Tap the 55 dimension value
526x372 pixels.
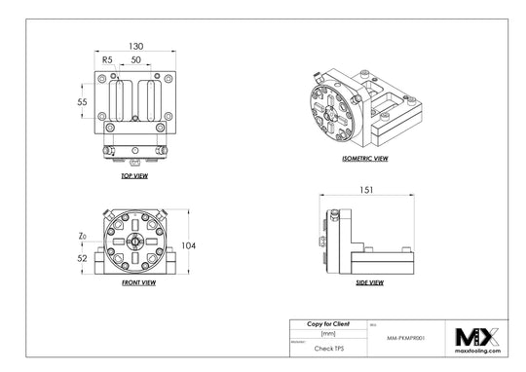coord(85,101)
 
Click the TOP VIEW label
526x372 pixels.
coord(133,177)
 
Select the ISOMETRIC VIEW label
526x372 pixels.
coord(366,158)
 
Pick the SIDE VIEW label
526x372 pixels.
coord(368,282)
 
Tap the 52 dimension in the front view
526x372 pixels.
coord(84,258)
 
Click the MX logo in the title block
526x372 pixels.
coord(477,336)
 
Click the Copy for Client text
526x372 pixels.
coord(327,323)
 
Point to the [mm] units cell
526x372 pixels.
coord(327,333)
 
